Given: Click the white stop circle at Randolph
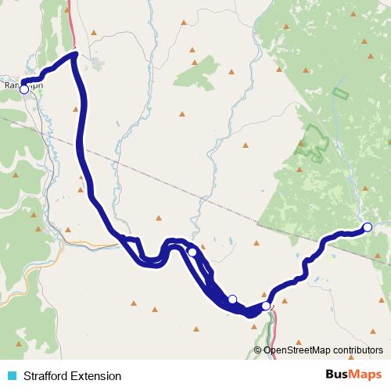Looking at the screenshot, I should pyautogui.click(x=23, y=90).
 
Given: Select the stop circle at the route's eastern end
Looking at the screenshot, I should pyautogui.click(x=368, y=228).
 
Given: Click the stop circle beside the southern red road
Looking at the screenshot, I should pyautogui.click(x=267, y=306).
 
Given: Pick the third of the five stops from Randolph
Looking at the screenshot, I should pyautogui.click(x=232, y=299).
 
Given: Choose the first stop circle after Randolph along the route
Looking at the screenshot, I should pyautogui.click(x=192, y=252).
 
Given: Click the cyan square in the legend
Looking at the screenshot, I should pyautogui.click(x=11, y=376).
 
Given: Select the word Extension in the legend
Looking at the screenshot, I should pyautogui.click(x=97, y=376).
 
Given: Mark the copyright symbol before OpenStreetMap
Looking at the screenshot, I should pyautogui.click(x=257, y=350).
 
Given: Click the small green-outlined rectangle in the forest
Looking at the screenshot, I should pyautogui.click(x=340, y=94).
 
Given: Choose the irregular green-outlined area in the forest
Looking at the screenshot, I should pyautogui.click(x=314, y=141).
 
